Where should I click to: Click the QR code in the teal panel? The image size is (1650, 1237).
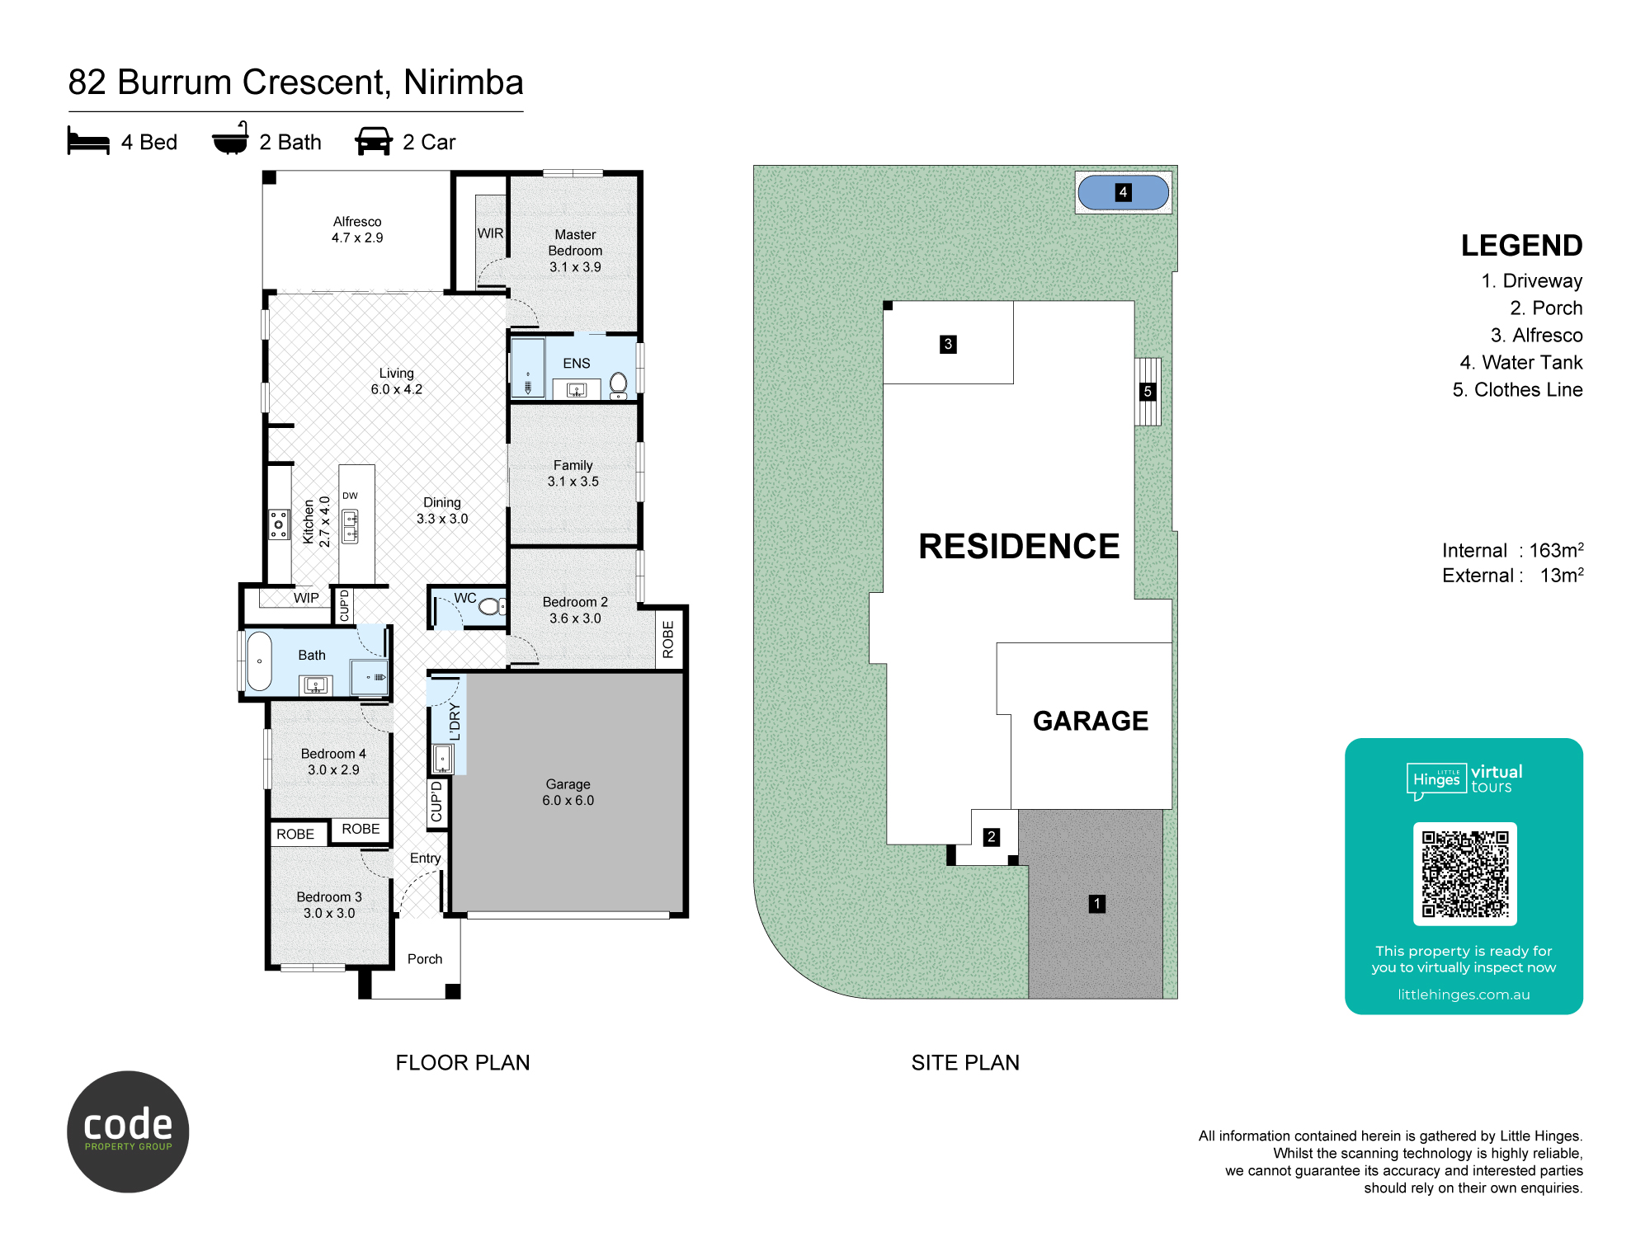[x=1465, y=873]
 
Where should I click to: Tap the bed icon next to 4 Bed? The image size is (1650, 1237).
[x=88, y=141]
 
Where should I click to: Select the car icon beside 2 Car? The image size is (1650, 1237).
[x=374, y=141]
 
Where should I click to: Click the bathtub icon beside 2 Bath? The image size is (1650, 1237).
[x=230, y=139]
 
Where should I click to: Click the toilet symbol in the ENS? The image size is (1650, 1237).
[x=618, y=385]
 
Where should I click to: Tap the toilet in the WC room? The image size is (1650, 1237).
[x=492, y=607]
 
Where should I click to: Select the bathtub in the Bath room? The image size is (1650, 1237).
[x=259, y=661]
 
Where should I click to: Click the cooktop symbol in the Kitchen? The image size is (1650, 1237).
[x=279, y=524]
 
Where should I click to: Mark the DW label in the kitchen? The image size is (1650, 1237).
[x=351, y=496]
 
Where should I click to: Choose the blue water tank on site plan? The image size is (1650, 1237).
[x=1123, y=192]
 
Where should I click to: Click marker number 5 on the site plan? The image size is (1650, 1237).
[x=1148, y=392]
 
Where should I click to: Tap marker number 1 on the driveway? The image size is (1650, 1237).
[x=1097, y=904]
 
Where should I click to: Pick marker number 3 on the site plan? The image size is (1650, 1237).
[x=948, y=344]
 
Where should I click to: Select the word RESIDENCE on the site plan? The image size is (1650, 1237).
[x=1019, y=546]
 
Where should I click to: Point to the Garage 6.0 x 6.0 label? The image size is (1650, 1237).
[x=568, y=792]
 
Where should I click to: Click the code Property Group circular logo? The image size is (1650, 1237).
[x=128, y=1131]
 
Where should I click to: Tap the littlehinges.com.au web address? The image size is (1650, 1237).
[x=1464, y=995]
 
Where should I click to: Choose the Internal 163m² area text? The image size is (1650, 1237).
[x=1512, y=550]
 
